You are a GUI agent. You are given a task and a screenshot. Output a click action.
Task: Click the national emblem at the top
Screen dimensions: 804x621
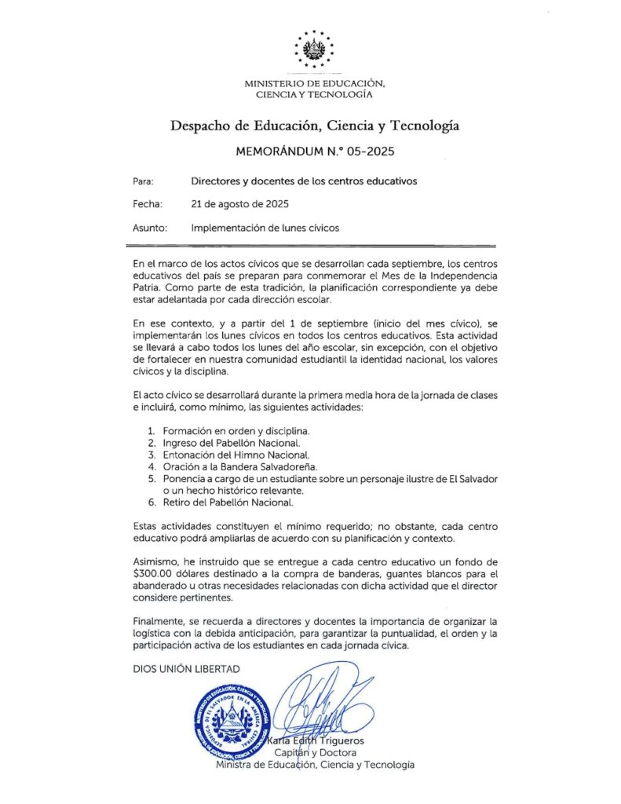313,49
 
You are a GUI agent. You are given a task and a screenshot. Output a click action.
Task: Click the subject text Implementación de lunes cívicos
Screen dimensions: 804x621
265,228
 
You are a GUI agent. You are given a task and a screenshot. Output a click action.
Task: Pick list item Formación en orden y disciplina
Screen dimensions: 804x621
236,431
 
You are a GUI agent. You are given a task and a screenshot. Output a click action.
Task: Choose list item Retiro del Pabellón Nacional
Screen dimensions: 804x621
228,502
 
